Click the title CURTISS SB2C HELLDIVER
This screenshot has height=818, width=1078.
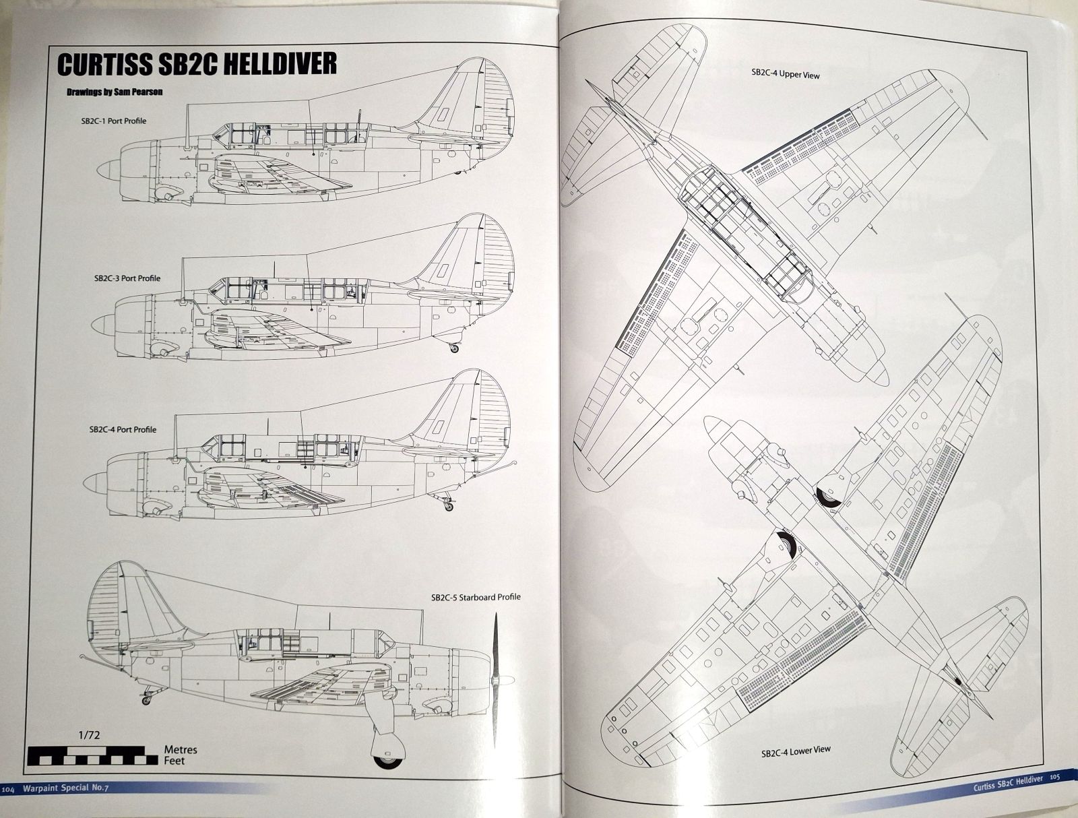point(197,64)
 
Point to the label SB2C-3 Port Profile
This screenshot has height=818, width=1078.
point(127,278)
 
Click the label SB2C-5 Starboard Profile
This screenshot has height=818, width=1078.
point(476,597)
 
